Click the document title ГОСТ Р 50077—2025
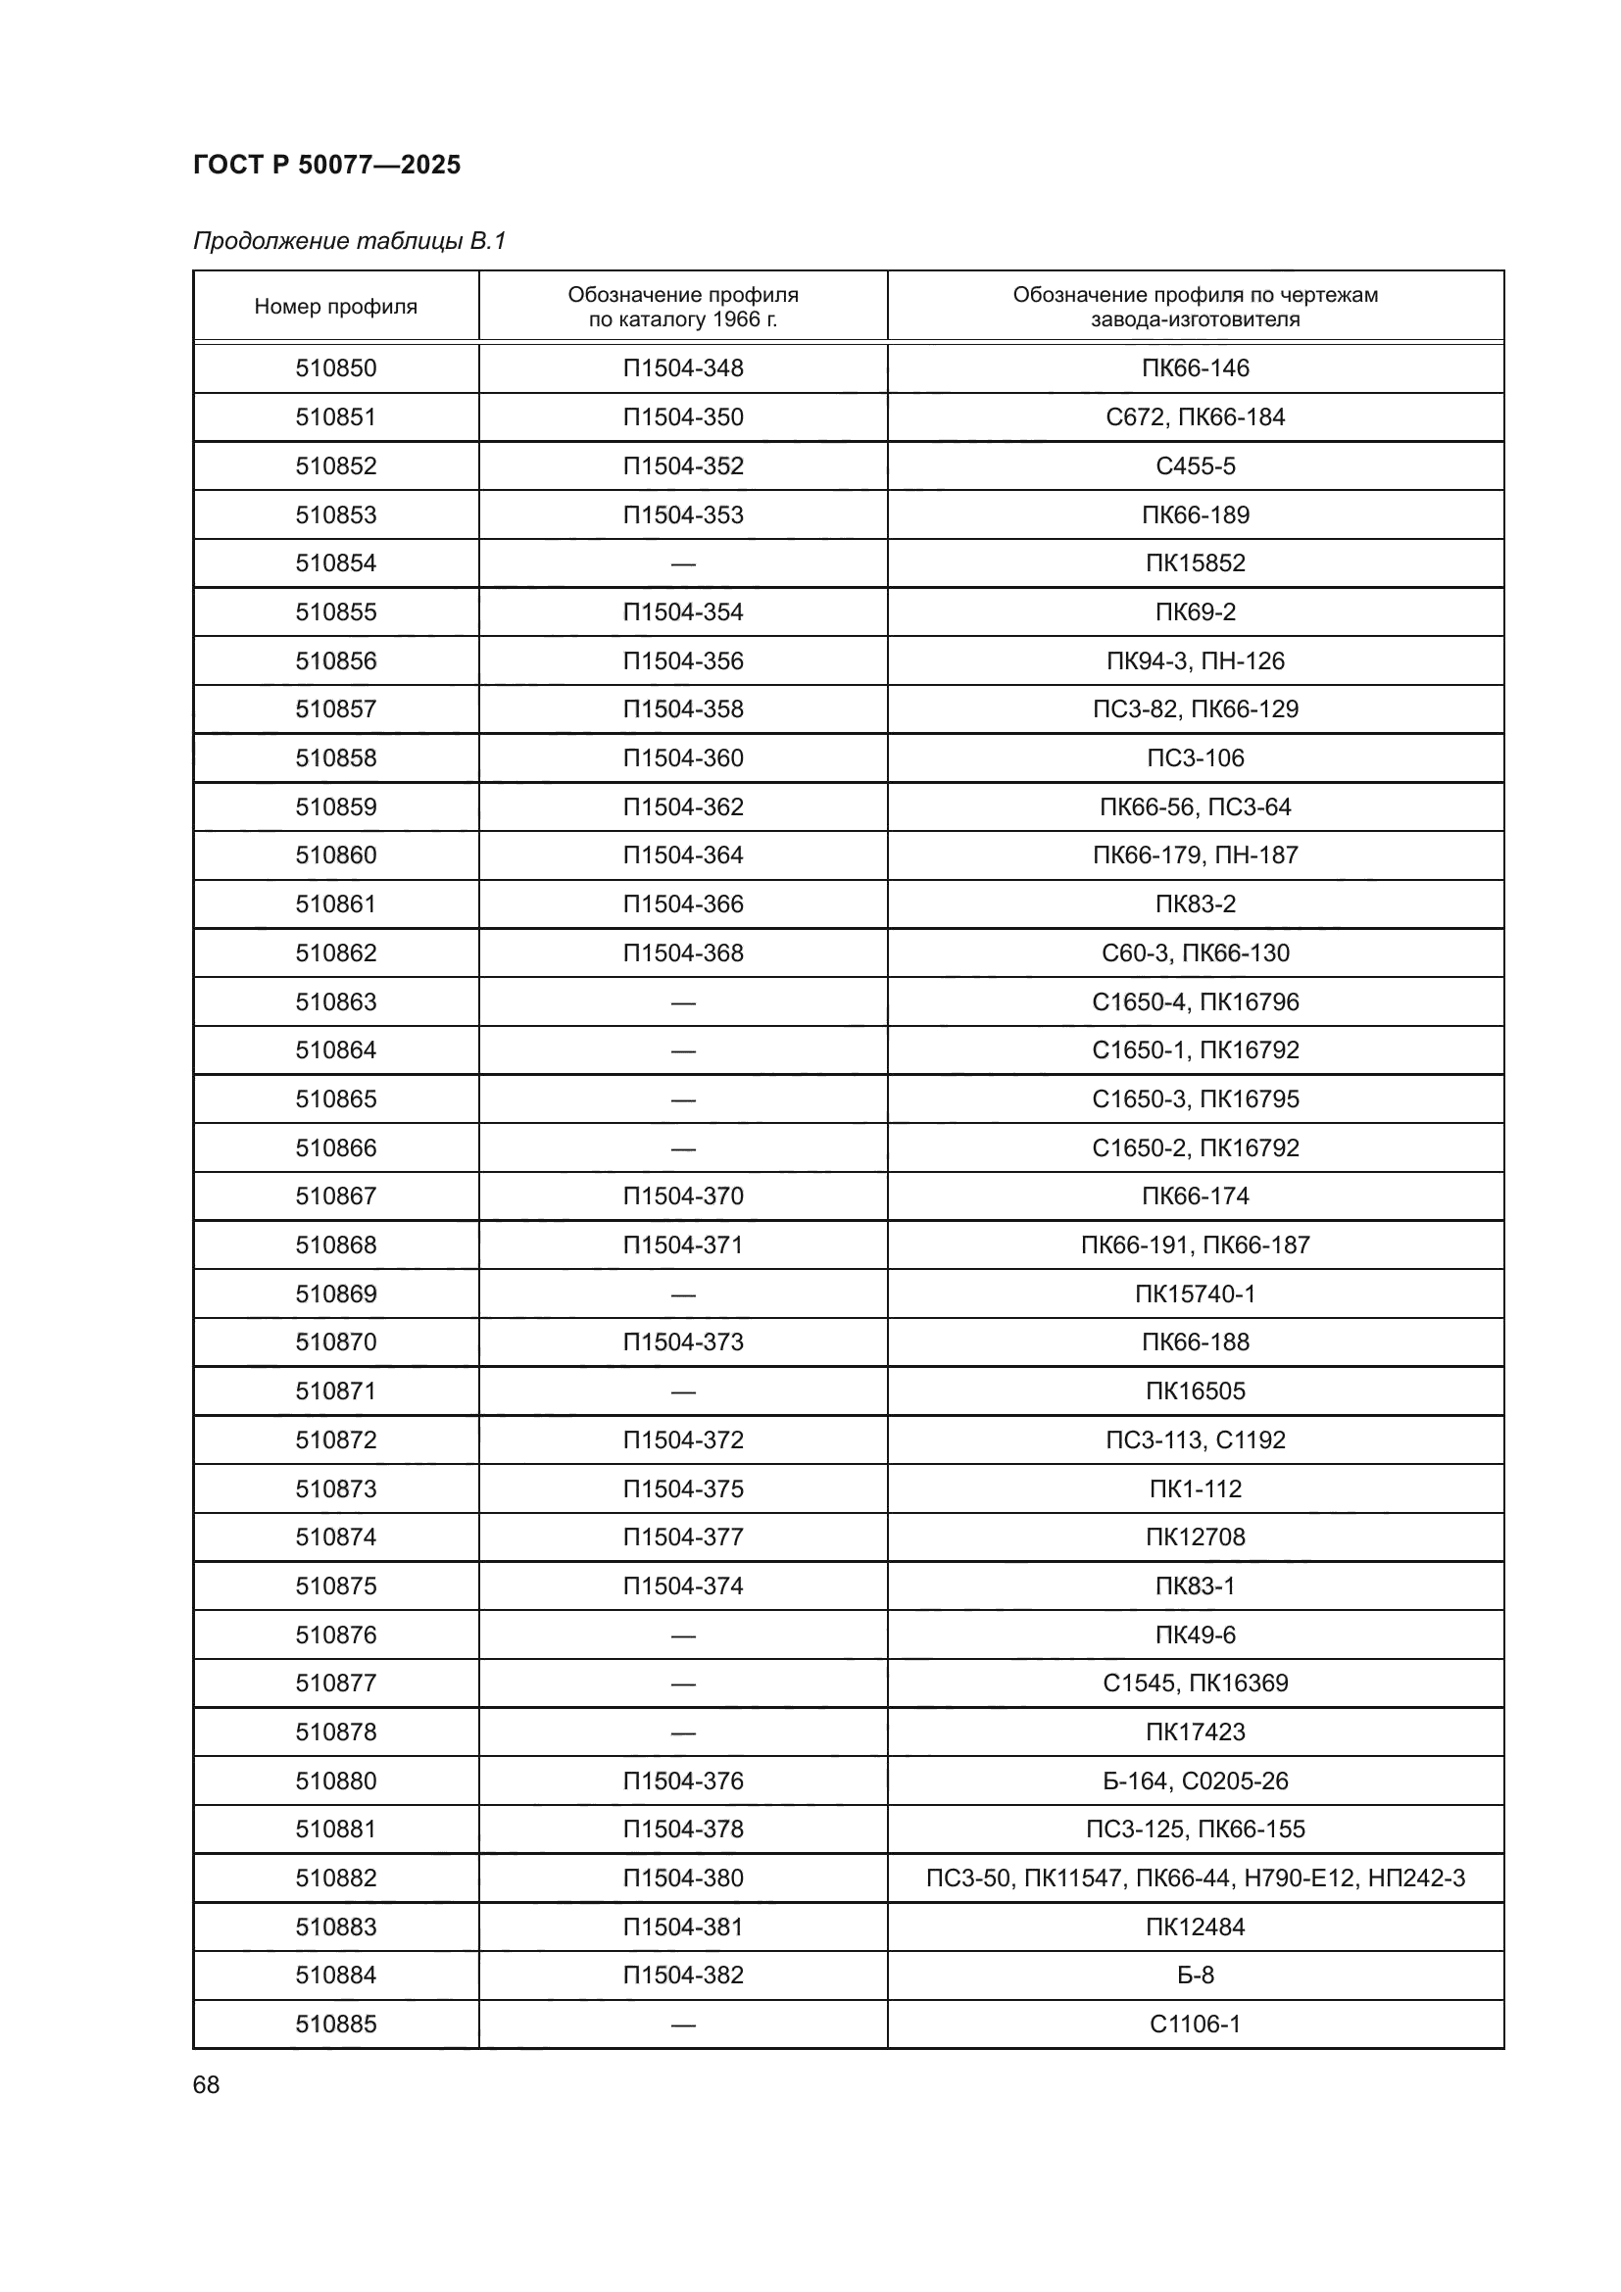(x=326, y=165)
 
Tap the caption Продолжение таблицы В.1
(x=349, y=241)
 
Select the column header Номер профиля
(x=335, y=307)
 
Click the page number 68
(x=206, y=2084)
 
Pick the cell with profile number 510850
(x=335, y=368)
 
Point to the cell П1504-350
(x=683, y=417)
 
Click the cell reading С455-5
(x=1195, y=466)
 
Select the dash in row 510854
(x=683, y=564)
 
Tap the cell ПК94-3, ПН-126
(x=1195, y=660)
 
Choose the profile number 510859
(x=335, y=806)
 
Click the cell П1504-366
(x=683, y=904)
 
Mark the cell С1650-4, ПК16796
(x=1195, y=1001)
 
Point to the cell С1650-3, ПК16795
(x=1195, y=1099)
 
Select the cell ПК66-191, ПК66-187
(x=1195, y=1244)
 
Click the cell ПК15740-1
(x=1195, y=1293)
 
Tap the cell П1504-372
(x=683, y=1439)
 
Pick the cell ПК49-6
(x=1195, y=1634)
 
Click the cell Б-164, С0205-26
(x=1195, y=1780)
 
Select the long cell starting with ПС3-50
(x=1195, y=1877)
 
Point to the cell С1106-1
(x=1195, y=2024)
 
